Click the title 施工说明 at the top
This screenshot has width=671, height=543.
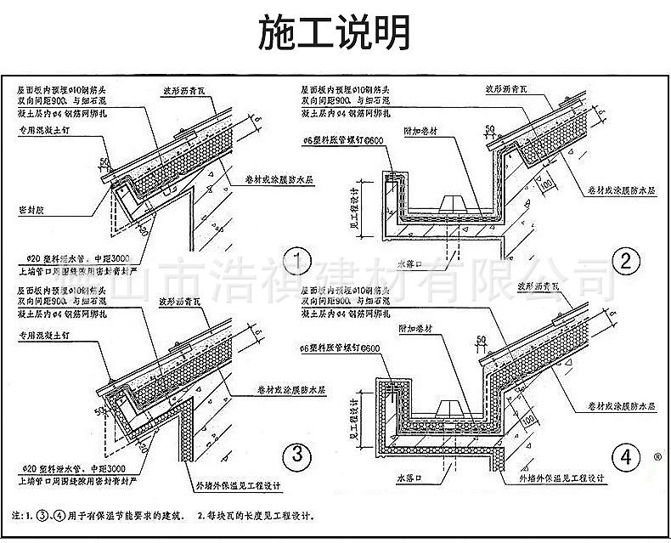point(335,32)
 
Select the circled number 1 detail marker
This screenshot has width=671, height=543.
point(297,258)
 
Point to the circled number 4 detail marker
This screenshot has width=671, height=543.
point(626,456)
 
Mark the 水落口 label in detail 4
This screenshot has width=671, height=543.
point(410,480)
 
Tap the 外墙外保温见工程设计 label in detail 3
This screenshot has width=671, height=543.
point(237,486)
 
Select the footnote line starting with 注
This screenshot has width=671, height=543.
point(166,515)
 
